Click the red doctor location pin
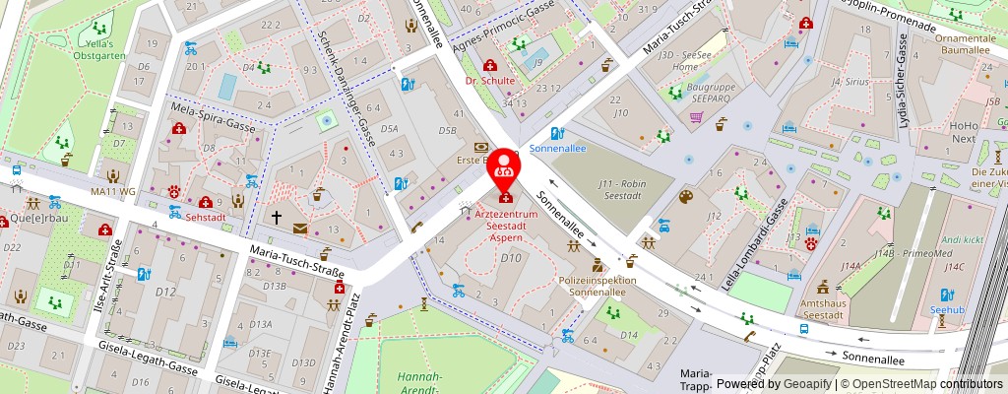pyautogui.click(x=505, y=165)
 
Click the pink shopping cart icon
pyautogui.click(x=696, y=117)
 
